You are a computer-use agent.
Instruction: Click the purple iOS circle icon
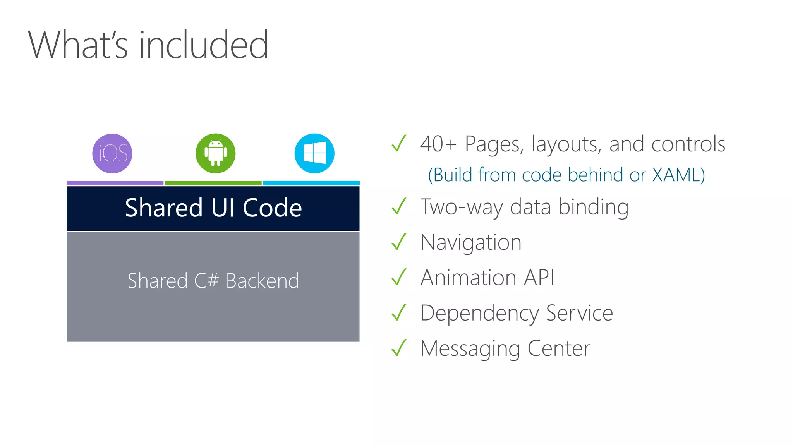(112, 153)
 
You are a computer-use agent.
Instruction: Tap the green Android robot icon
(216, 153)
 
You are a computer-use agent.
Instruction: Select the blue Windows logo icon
(314, 153)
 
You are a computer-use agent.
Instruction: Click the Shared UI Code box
(213, 208)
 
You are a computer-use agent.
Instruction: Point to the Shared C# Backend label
(213, 281)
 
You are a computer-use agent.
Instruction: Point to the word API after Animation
(539, 278)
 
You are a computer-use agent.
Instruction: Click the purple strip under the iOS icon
(115, 183)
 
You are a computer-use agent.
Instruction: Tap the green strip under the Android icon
(213, 183)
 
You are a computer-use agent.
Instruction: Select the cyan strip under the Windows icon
(311, 183)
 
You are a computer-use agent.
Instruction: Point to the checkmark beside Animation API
(399, 277)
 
